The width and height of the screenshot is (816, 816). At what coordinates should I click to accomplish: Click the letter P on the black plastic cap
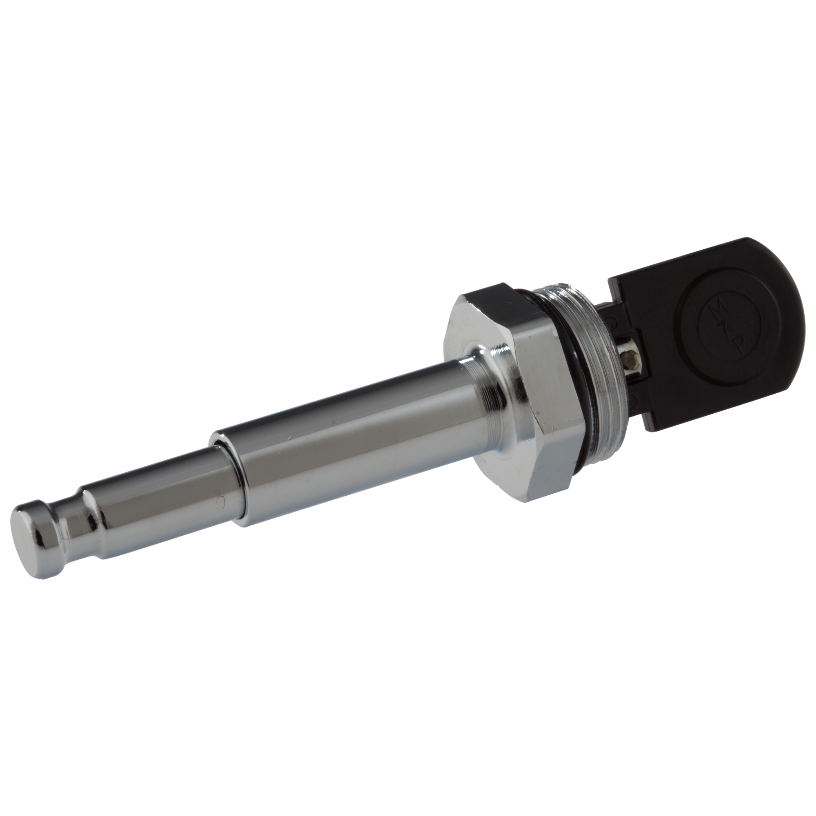tap(739, 346)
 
